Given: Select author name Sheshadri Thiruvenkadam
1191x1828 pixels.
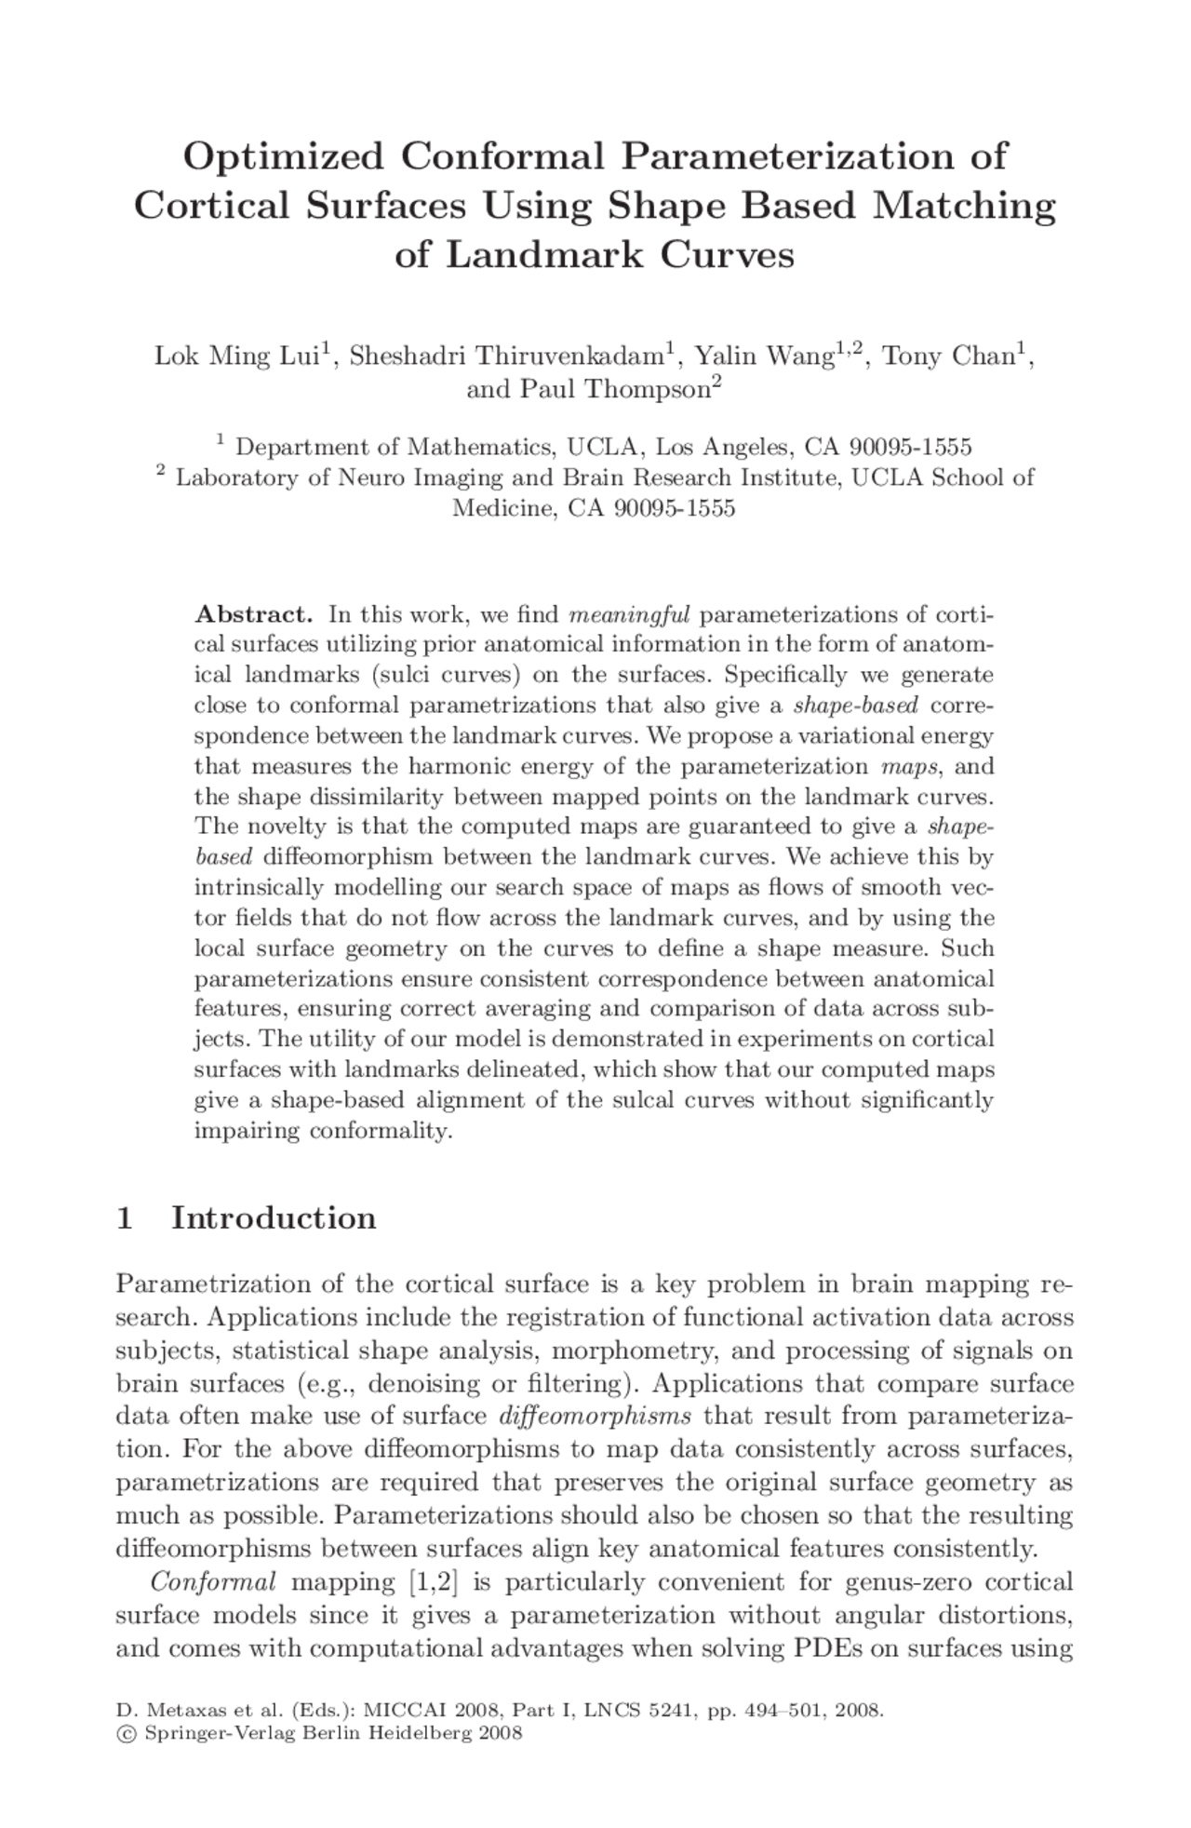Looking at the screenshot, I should tap(507, 356).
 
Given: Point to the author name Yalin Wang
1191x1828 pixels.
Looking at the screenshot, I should tap(763, 356).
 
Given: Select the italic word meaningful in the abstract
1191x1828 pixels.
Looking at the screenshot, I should tap(629, 614).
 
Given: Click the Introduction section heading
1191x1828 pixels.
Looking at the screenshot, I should tap(274, 1218).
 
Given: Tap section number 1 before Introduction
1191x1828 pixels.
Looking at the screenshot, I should tap(124, 1218).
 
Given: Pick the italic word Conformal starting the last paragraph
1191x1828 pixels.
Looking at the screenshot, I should tap(213, 1581).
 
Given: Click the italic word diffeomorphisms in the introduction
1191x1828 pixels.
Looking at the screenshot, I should tap(595, 1417).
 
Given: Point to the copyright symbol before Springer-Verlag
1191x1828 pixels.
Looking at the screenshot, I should tap(123, 1733).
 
